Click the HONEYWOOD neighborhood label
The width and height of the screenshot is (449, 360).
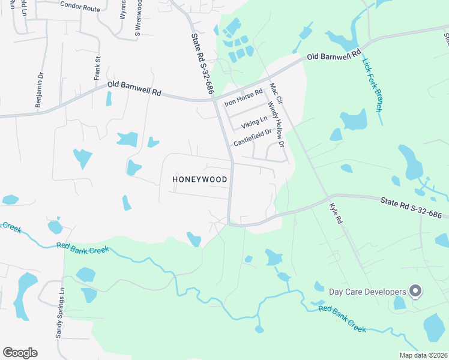[x=200, y=179]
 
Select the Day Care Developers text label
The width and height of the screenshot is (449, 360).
[x=367, y=292]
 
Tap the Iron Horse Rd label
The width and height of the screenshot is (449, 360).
[x=244, y=98]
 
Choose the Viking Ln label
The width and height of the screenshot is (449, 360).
[x=254, y=124]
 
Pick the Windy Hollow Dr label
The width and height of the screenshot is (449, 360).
[x=276, y=121]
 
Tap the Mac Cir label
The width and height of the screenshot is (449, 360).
[x=277, y=94]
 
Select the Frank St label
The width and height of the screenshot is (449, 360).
[x=97, y=68]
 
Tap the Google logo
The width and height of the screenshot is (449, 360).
[x=20, y=353]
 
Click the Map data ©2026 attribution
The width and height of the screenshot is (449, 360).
[x=423, y=355]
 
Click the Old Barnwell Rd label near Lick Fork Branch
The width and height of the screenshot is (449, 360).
[x=334, y=55]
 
